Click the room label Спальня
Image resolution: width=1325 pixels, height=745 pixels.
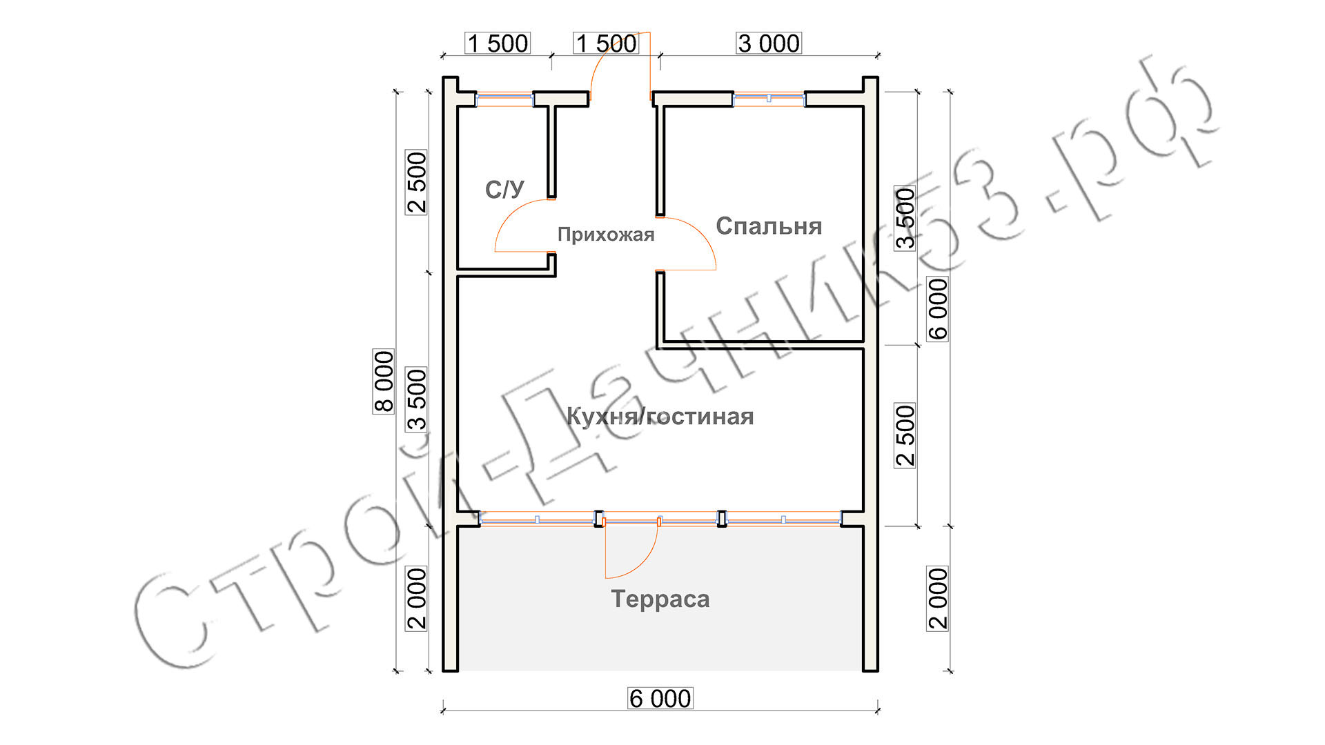click(769, 226)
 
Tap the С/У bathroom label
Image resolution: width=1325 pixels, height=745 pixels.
click(504, 190)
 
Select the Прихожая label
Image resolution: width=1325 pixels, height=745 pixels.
click(606, 235)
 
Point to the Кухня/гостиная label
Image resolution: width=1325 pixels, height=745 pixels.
click(660, 417)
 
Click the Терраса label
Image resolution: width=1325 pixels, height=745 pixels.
click(660, 599)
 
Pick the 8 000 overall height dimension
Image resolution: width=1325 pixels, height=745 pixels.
click(384, 381)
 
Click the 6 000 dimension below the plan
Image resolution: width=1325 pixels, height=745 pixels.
click(660, 699)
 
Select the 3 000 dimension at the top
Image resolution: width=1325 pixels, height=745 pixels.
click(769, 43)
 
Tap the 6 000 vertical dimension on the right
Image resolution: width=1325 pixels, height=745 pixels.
click(938, 309)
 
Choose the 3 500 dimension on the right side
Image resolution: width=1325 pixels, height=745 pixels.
click(905, 218)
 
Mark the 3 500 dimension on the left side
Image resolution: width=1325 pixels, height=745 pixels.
click(417, 399)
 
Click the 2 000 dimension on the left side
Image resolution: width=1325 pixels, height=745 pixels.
click(417, 599)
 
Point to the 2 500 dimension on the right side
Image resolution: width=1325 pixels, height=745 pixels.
click(905, 436)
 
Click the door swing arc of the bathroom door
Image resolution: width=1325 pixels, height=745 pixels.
click(511, 215)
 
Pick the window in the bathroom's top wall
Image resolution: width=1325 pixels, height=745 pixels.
click(505, 99)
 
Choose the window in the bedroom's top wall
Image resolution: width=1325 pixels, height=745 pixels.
click(769, 99)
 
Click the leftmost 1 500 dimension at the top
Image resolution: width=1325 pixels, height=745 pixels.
click(498, 43)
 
